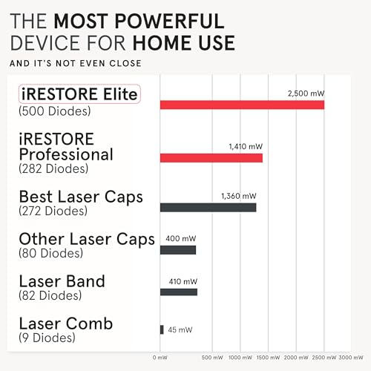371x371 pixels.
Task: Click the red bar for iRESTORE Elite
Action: point(242,105)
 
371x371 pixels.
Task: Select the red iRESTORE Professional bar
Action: point(211,157)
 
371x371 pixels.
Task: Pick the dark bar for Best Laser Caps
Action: point(209,207)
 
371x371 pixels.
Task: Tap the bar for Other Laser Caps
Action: point(178,250)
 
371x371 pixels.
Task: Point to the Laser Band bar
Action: point(179,292)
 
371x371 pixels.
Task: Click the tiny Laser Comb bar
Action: point(162,329)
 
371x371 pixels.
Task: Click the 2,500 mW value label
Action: point(306,93)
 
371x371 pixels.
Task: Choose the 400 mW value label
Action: point(180,240)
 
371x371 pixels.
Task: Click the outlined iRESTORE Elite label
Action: point(79,94)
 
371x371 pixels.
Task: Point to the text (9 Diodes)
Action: point(47,338)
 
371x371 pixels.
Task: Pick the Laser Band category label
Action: point(62,281)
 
